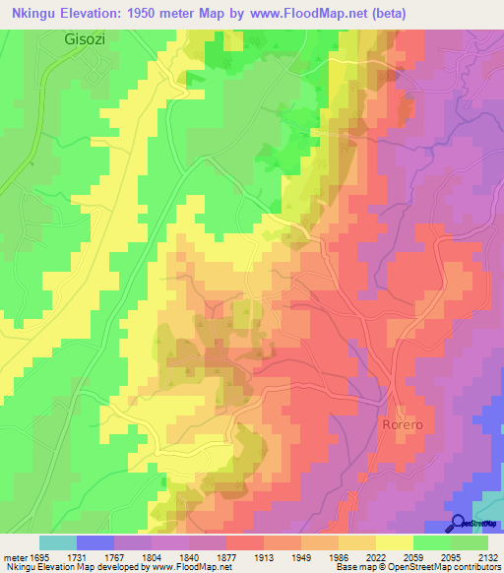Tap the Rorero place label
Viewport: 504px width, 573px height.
click(403, 423)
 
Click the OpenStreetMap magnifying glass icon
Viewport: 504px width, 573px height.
click(458, 523)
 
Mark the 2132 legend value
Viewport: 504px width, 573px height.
click(487, 557)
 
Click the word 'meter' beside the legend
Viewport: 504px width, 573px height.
click(14, 557)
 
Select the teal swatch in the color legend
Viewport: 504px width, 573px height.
click(58, 542)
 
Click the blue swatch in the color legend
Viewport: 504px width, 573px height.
click(95, 542)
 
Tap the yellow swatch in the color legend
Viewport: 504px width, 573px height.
click(395, 542)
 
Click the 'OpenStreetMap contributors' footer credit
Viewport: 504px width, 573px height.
click(447, 568)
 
